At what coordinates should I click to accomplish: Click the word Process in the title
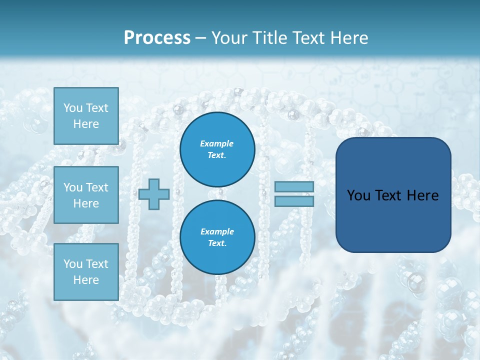click(x=157, y=37)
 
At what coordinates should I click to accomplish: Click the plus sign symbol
click(x=154, y=194)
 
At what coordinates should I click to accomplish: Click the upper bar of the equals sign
click(x=294, y=186)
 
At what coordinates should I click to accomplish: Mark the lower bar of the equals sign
click(x=294, y=201)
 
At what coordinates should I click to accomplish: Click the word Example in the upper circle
click(x=217, y=143)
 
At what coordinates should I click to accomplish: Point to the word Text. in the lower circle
click(x=217, y=243)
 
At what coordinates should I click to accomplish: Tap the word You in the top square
click(x=73, y=108)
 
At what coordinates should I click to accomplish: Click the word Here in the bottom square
click(x=86, y=280)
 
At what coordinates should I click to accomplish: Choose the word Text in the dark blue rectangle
click(x=388, y=195)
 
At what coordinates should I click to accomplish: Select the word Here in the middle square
click(x=86, y=203)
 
